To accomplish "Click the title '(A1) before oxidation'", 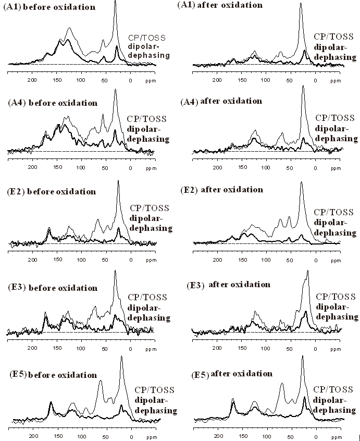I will pyautogui.click(x=49, y=7).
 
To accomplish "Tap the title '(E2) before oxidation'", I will pyautogui.click(x=52, y=191).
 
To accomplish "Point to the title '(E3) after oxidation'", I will pyautogui.click(x=229, y=285).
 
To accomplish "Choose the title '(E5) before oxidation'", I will pyautogui.click(x=53, y=375).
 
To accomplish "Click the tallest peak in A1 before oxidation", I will pyautogui.click(x=115, y=2).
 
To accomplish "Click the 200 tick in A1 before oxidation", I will pyautogui.click(x=32, y=81).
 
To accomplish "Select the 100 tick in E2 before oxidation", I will pyautogui.click(x=81, y=260).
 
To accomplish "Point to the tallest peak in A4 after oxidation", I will pyautogui.click(x=303, y=87).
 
